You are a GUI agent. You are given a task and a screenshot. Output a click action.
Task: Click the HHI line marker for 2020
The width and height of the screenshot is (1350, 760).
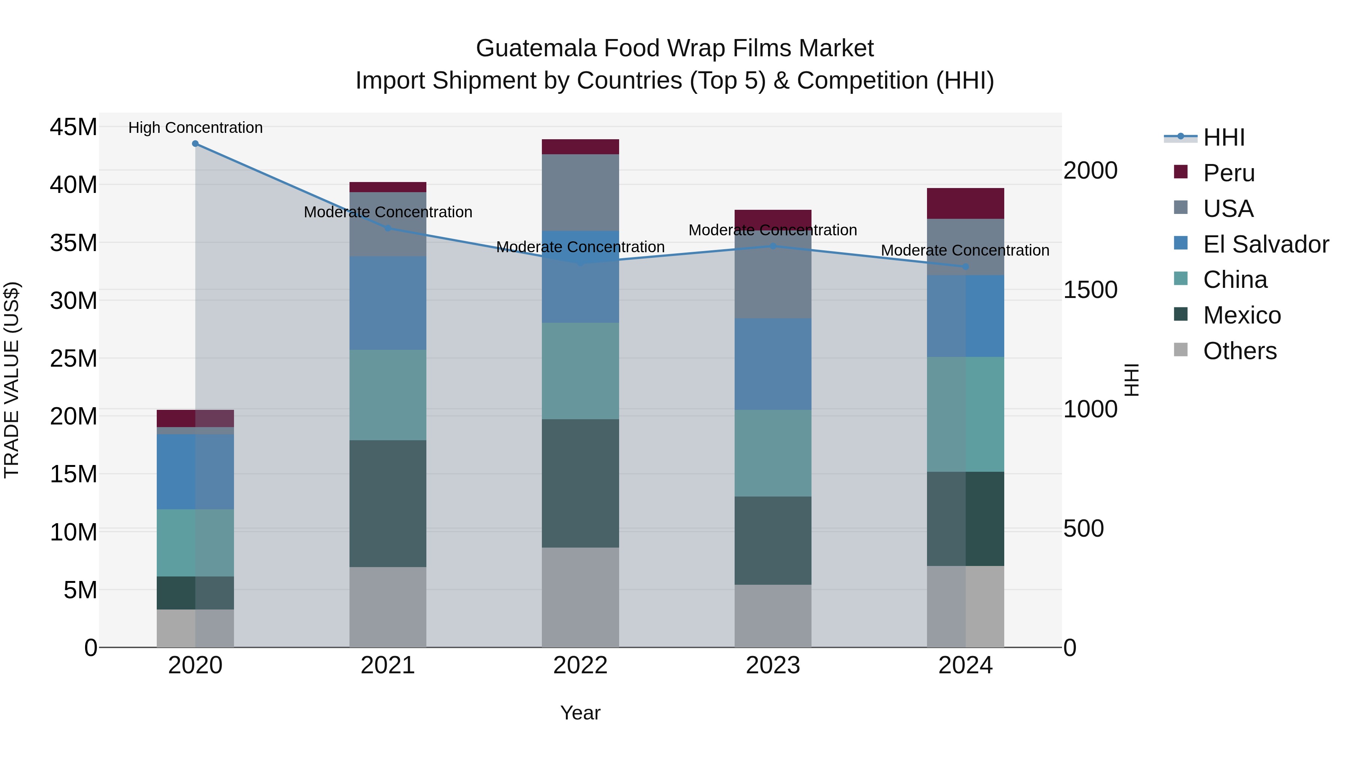(x=195, y=144)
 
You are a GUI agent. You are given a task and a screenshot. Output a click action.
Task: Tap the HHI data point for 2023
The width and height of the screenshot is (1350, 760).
(x=772, y=246)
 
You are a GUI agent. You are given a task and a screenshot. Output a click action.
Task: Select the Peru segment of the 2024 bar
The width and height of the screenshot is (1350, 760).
(x=965, y=203)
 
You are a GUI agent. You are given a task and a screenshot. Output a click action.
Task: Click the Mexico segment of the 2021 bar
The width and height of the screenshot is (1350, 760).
(x=388, y=504)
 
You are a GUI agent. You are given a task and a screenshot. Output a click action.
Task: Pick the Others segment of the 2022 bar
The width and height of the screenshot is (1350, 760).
(x=580, y=597)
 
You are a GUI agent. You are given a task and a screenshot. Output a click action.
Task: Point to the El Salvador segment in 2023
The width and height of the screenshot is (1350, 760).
(x=772, y=364)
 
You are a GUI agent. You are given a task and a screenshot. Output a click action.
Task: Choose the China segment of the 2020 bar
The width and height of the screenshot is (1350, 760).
(x=195, y=543)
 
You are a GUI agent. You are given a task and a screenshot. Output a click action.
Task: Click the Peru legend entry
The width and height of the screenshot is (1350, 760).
(x=1228, y=173)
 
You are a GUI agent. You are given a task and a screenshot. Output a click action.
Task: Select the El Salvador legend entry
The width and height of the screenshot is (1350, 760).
(x=1265, y=244)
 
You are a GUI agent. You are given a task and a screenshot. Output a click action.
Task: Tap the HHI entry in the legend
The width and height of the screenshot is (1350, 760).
(x=1223, y=137)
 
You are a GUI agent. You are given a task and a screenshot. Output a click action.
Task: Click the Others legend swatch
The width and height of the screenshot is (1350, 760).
(x=1181, y=349)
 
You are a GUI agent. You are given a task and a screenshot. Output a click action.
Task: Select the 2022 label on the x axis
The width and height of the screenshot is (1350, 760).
(x=580, y=665)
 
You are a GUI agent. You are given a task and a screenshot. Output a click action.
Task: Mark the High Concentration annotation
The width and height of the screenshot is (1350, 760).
(x=195, y=128)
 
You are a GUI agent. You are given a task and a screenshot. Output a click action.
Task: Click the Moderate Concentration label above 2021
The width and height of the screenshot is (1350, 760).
(x=388, y=212)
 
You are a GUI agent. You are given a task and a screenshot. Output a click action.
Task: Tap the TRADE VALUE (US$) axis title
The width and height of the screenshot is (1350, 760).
(x=12, y=380)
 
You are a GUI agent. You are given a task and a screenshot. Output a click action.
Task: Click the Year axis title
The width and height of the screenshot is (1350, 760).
(x=580, y=713)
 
